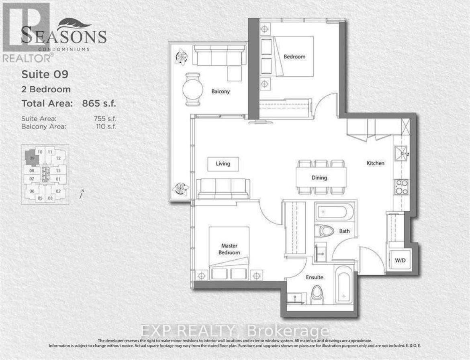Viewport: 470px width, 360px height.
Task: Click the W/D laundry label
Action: [x=400, y=260]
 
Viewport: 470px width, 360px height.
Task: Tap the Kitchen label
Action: [x=375, y=163]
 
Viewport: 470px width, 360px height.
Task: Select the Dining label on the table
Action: [x=319, y=178]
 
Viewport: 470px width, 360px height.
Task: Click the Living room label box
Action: [x=223, y=164]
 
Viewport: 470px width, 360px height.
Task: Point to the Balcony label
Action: [x=221, y=92]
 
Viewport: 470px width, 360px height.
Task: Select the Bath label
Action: [x=344, y=231]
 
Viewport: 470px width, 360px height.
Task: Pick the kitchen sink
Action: [x=401, y=153]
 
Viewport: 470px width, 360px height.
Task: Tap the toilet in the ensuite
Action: [x=320, y=295]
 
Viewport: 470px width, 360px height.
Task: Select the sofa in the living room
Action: [x=223, y=187]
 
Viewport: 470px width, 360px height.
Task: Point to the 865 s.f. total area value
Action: [x=99, y=103]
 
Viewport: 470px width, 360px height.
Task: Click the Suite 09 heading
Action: [x=45, y=74]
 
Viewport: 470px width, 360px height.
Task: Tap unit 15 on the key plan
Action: [x=58, y=170]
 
